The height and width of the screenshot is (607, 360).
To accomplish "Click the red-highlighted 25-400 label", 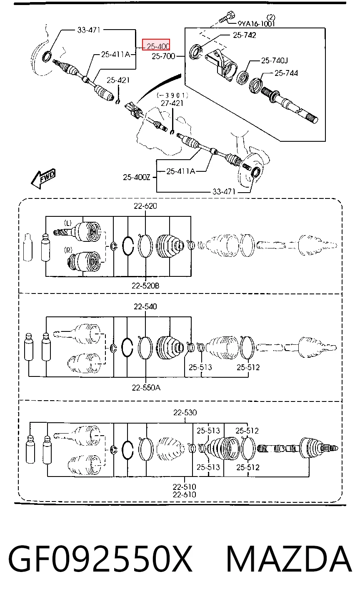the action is [x=156, y=45].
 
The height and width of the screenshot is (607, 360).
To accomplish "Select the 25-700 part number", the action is [x=163, y=56].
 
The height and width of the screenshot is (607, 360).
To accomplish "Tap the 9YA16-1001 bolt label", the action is [x=256, y=24].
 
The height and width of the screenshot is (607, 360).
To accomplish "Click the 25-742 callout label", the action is [x=244, y=35].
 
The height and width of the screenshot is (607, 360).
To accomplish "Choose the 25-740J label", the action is [x=275, y=60].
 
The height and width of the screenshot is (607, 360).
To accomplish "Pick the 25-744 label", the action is [x=286, y=73].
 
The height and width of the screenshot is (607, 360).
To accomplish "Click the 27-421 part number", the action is [x=172, y=103].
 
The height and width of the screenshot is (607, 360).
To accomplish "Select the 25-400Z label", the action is [x=137, y=177].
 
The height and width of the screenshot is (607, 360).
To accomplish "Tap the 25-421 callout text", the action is [x=118, y=80].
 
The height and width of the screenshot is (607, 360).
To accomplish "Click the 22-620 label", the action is [x=145, y=206].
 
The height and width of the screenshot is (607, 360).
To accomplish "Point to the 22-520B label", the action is [x=145, y=286].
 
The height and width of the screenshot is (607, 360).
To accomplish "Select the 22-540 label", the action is [x=145, y=306].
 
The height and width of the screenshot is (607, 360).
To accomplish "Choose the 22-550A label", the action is [x=146, y=388].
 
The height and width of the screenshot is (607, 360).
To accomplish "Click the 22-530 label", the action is [x=185, y=412].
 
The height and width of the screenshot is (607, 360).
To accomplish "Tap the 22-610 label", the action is [x=185, y=494].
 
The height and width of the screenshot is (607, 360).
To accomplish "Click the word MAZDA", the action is [x=289, y=559].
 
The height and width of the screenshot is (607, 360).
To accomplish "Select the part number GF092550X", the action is [x=100, y=559].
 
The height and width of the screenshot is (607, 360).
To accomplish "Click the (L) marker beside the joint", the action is [x=68, y=223].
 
